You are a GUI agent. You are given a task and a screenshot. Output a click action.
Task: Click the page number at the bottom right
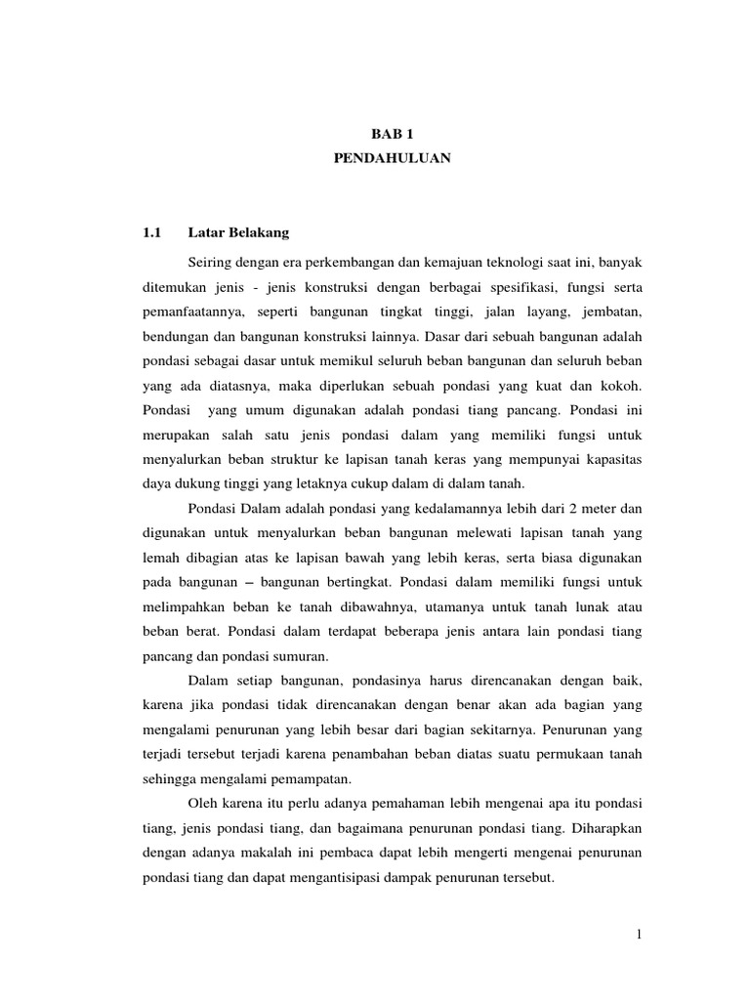[x=639, y=936]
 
